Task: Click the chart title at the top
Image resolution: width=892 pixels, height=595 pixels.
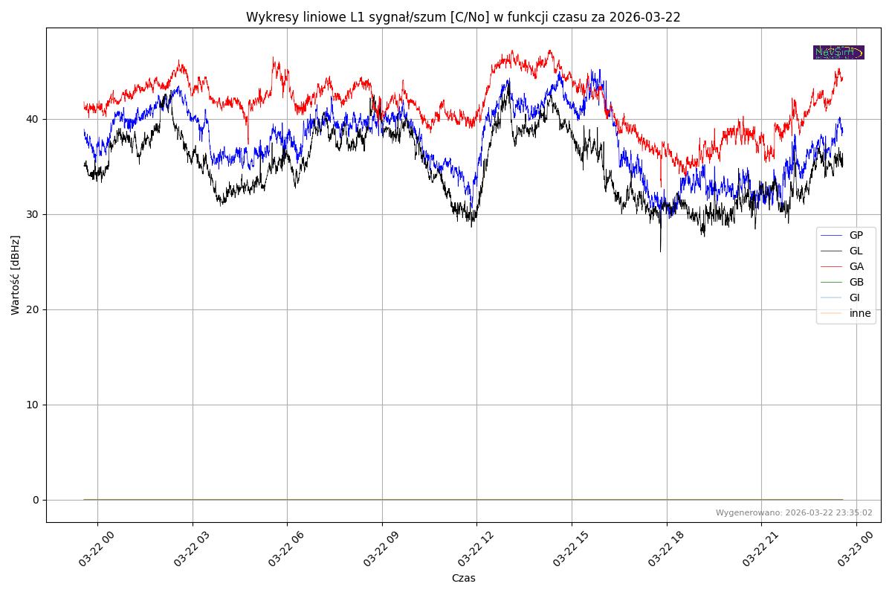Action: (463, 17)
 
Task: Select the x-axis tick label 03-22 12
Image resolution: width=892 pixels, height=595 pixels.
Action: (474, 550)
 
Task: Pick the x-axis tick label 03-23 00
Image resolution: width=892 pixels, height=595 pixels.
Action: (853, 550)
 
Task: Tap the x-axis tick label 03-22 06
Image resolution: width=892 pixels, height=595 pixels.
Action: (284, 550)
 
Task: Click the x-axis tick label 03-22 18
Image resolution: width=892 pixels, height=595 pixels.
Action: (663, 550)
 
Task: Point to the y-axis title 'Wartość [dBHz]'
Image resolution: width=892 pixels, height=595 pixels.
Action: (16, 275)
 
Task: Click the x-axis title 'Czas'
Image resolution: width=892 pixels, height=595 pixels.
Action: (463, 578)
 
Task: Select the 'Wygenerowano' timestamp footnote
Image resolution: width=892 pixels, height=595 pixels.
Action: (794, 512)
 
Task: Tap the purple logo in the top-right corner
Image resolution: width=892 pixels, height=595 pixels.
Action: (838, 52)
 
